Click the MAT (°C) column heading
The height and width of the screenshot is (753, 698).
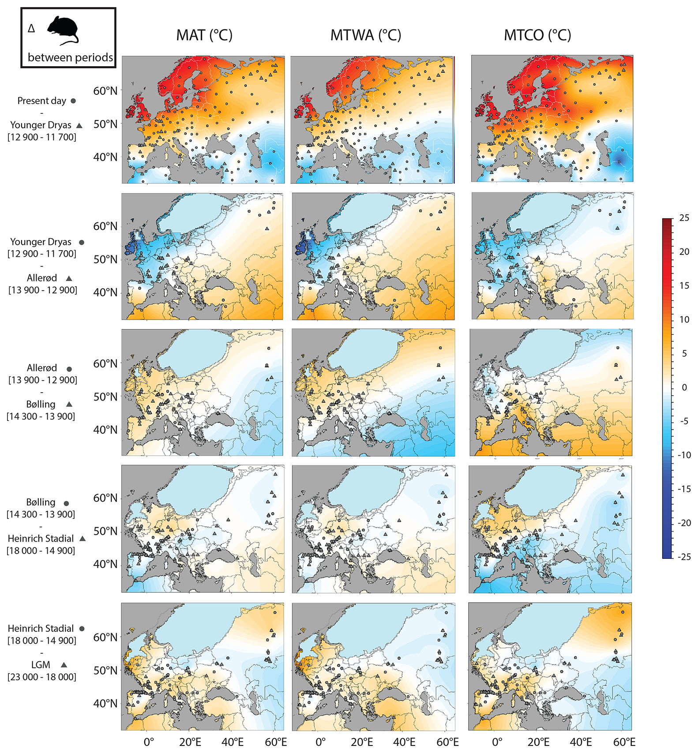pos(204,35)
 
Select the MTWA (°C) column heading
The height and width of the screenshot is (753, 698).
pos(366,35)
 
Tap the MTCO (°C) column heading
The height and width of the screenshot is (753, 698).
pos(537,35)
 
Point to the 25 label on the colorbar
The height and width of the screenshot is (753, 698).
pos(684,218)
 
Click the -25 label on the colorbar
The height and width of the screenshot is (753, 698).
pos(684,557)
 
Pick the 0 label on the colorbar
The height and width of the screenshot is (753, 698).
pos(684,387)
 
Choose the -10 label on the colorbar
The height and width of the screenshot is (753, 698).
pos(684,455)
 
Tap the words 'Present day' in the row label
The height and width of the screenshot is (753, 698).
pos(41,101)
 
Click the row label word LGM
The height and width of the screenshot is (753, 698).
pos(41,665)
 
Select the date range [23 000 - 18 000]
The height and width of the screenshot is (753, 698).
pos(42,677)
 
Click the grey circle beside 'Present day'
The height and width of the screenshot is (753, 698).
pos(73,101)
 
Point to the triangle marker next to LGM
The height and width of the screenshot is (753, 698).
pos(64,665)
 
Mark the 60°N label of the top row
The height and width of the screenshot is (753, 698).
pos(105,91)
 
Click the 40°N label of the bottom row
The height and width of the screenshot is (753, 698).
pos(105,703)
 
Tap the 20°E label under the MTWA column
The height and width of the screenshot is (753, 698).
pos(362,742)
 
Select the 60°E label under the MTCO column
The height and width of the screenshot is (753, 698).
pos(624,742)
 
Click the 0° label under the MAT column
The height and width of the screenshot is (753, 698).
pos(149,742)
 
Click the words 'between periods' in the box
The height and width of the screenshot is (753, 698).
pos(70,57)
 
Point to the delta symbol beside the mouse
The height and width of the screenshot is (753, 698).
pos(31,29)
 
